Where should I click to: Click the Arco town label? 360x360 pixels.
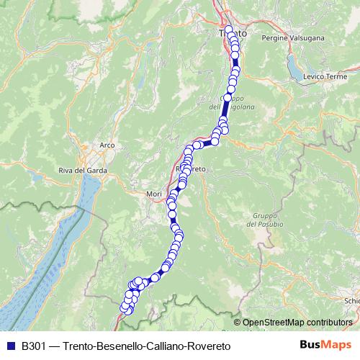click(107, 145)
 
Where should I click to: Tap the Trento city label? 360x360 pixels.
click(232, 34)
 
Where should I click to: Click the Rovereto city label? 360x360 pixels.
click(191, 168)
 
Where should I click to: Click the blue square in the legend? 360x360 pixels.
click(11, 346)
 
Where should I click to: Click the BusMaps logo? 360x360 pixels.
click(323, 346)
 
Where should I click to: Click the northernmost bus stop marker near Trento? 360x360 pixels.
click(229, 30)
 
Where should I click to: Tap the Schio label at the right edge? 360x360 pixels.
click(352, 301)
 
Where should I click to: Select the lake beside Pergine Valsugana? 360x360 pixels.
click(294, 68)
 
